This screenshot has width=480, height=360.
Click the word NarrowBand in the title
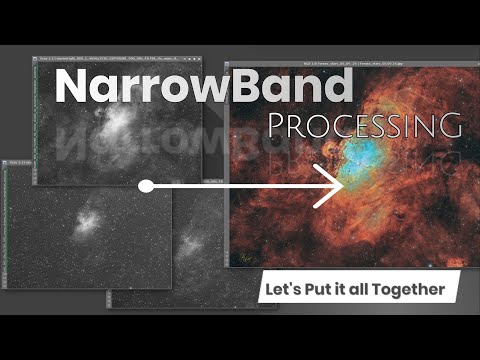pos(204,87)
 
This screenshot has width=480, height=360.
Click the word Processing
pos(364,127)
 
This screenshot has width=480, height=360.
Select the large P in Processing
pos(280,126)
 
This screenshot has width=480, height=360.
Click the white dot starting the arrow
pos(146,186)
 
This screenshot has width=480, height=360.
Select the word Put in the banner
pos(321,292)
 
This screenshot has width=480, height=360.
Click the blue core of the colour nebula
pos(362,150)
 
